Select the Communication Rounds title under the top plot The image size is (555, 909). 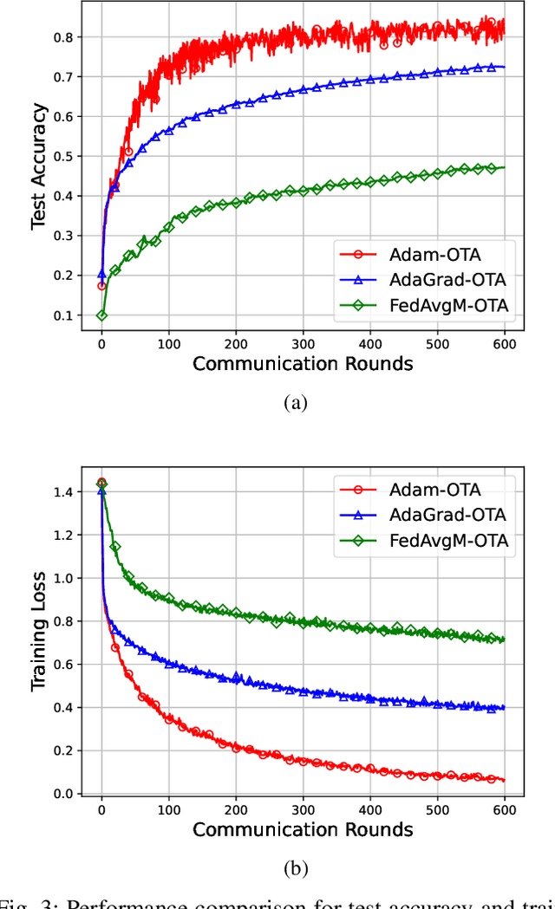303,363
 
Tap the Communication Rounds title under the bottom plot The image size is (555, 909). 303,829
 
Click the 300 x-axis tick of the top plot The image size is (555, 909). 303,343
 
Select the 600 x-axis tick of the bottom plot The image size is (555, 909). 504,809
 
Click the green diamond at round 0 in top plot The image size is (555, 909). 101,315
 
